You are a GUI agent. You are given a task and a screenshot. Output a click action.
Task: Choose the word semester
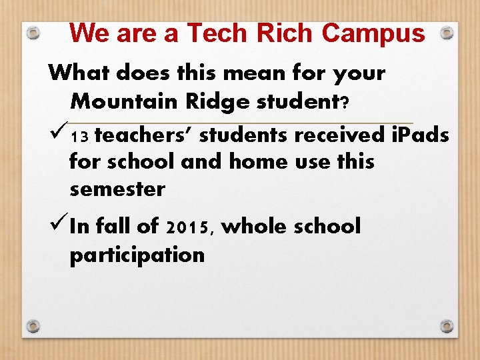point(117,189)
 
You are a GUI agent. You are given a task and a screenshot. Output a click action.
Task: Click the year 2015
point(188,227)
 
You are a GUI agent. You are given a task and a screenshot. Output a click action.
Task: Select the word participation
point(137,254)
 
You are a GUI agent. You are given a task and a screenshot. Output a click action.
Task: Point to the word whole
point(252,226)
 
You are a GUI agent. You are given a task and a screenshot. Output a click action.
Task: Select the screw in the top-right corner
point(447,32)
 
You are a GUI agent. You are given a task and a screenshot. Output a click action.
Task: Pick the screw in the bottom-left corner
point(33,326)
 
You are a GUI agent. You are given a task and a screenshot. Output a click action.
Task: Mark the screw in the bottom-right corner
point(447,326)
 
